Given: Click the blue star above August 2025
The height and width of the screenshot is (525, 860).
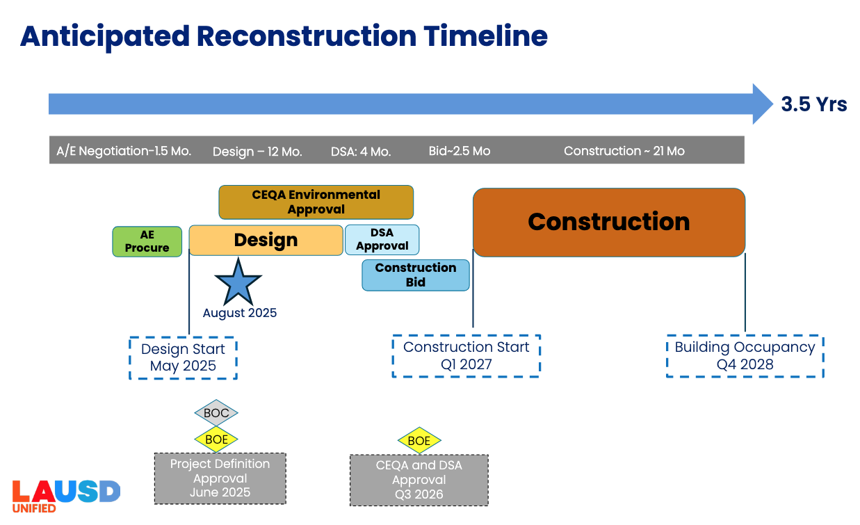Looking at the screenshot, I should pos(238,282).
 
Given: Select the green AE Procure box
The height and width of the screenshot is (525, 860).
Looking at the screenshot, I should pos(147,241).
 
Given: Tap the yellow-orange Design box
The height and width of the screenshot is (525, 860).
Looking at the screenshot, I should pos(266,240).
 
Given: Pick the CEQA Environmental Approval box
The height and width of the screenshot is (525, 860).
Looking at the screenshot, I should pos(316,202).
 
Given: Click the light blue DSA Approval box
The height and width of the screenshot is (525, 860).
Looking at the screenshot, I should pos(382,239).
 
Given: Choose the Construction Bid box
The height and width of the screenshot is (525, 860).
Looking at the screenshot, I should pos(415,275).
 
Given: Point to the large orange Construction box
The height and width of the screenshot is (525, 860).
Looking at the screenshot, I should pos(608,222).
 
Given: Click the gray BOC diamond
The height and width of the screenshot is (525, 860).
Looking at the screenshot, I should pos(216,413).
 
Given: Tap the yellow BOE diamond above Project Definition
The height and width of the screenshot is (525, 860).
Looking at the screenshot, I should pos(216,439).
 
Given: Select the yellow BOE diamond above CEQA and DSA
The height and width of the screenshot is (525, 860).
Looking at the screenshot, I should pos(419,441).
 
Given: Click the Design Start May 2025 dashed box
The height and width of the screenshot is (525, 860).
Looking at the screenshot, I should pos(183,357).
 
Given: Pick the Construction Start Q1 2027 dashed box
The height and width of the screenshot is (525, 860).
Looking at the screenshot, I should pos(466,355).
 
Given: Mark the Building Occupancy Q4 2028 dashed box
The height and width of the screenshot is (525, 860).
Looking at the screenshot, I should pos(745,355).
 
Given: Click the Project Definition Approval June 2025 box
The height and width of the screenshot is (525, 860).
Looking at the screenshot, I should pos(220,478).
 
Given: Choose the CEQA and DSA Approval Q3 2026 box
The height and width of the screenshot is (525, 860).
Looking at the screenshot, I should pos(419,480).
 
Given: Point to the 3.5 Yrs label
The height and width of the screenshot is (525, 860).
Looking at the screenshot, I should pos(813,104).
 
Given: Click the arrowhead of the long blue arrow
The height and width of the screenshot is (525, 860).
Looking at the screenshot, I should pos(762,104).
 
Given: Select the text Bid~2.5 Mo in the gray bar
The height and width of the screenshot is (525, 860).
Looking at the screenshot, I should pos(460,151).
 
